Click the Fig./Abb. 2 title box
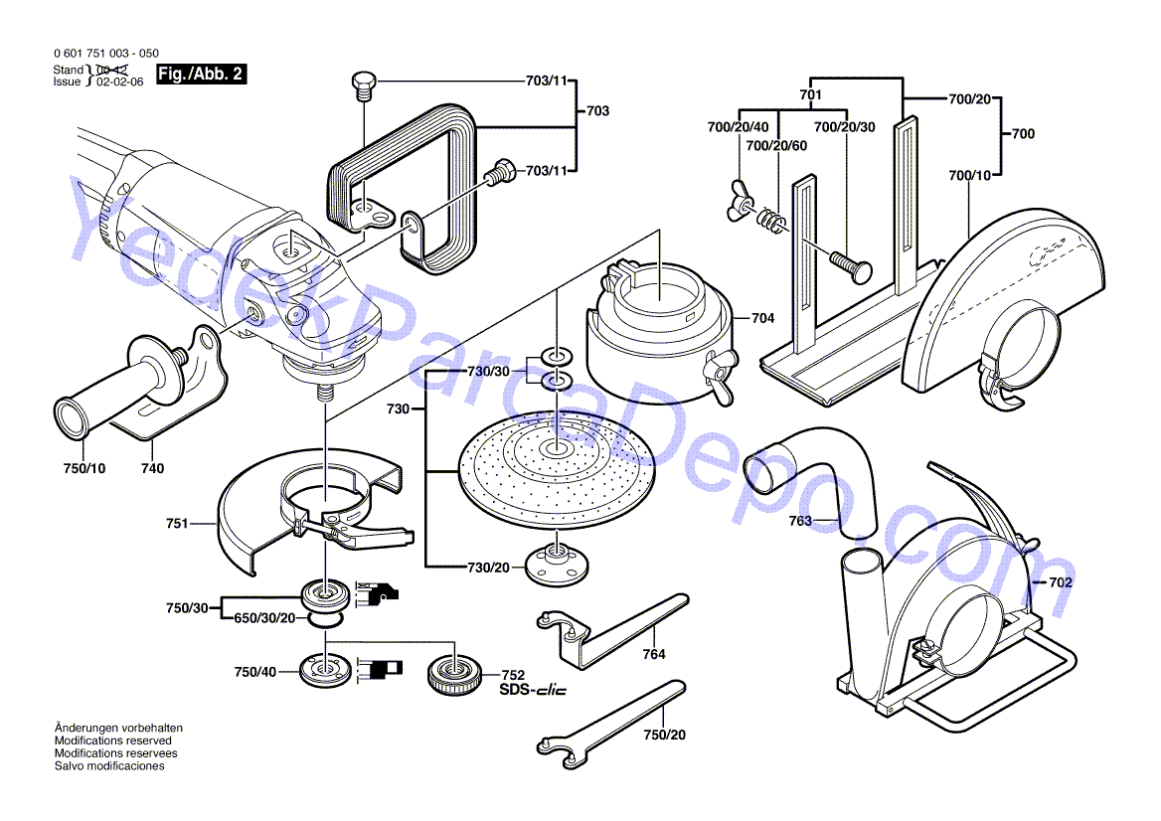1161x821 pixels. point(202,75)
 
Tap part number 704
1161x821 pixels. point(762,319)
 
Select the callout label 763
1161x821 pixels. point(801,520)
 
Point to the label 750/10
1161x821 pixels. point(83,468)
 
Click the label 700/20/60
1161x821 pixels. point(776,146)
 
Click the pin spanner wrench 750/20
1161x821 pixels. point(606,721)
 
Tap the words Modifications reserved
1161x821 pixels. point(112,740)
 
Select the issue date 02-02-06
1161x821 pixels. point(119,82)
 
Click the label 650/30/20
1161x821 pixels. point(264,618)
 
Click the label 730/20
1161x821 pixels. point(488,567)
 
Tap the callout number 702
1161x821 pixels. point(1061,582)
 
